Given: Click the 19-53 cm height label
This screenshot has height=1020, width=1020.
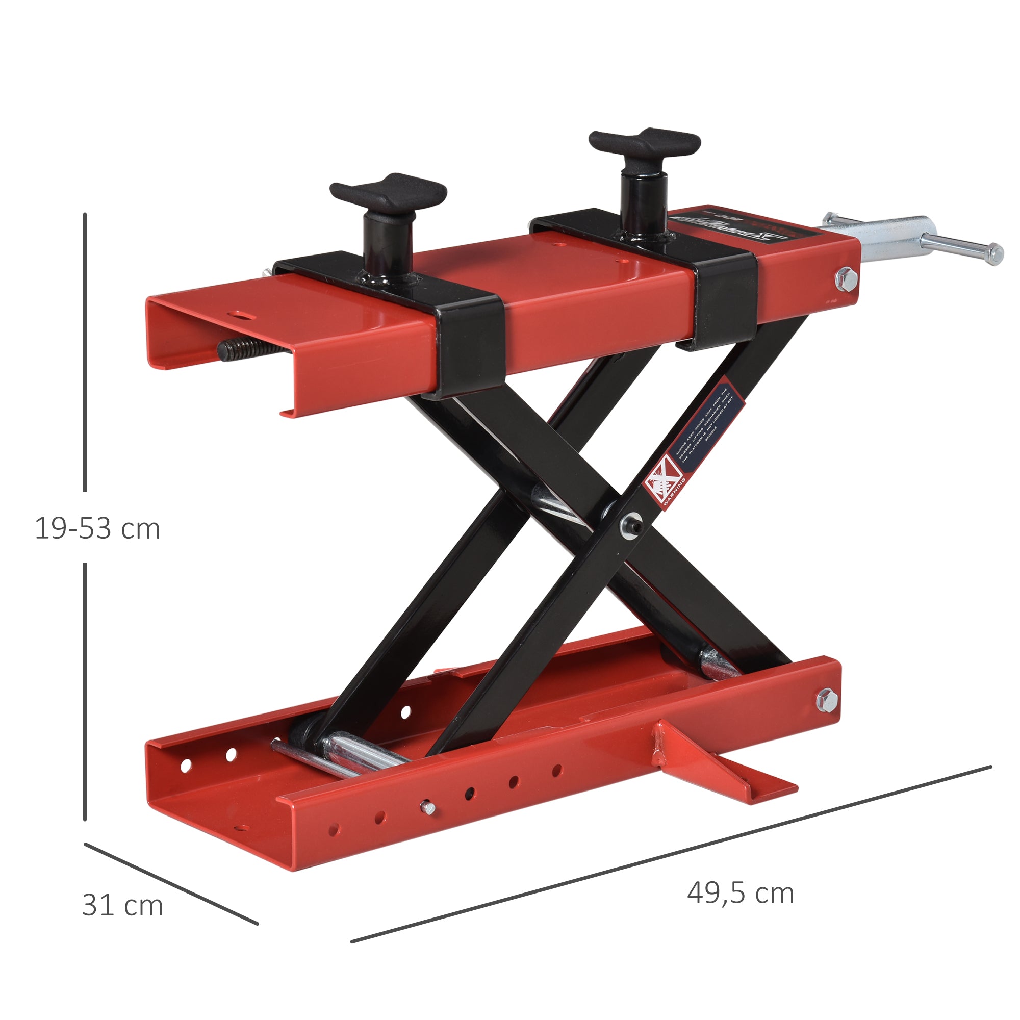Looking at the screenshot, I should point(97,528).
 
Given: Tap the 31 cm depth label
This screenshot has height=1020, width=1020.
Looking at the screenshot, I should point(122,906).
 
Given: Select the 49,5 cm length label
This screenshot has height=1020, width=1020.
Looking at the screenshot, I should point(740,894).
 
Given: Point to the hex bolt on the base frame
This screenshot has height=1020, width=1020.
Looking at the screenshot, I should point(827,700).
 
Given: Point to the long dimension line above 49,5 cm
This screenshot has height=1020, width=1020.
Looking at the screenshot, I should point(671,854).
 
